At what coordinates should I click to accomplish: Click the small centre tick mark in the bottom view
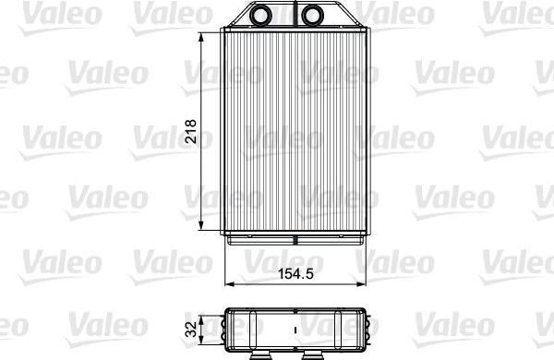[293, 327]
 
